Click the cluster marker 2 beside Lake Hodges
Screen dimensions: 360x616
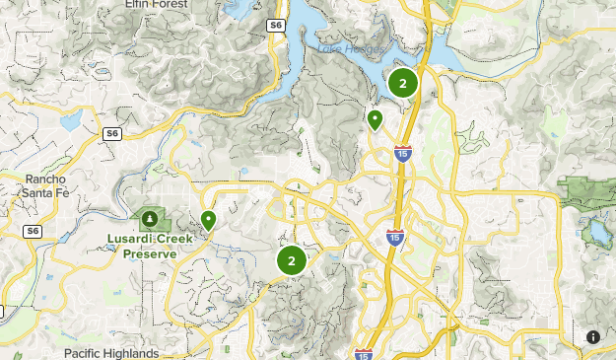point(402,84)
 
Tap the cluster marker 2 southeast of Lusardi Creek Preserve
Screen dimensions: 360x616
point(291,261)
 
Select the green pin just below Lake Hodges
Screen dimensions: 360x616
point(375,120)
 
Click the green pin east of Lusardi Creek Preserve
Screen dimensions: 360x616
point(208,220)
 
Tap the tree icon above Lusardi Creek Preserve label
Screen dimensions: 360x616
point(150,217)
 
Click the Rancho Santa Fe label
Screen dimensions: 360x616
point(45,186)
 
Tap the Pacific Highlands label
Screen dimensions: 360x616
point(110,353)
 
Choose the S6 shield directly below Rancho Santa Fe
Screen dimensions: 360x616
point(33,231)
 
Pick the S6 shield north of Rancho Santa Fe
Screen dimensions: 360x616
point(111,131)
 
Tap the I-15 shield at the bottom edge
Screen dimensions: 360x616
point(361,353)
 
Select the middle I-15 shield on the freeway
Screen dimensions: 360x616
point(394,237)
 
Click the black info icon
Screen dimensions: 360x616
point(593,337)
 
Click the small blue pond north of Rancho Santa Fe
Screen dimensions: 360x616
point(70,121)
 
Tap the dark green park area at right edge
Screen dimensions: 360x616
point(588,190)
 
